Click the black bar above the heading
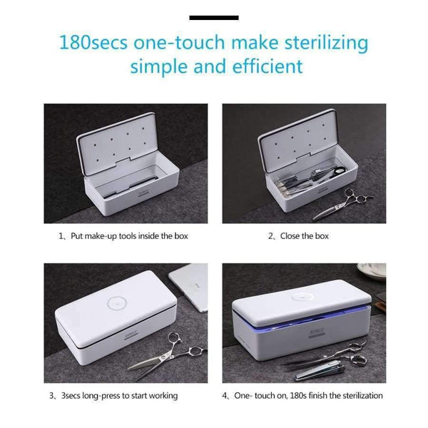pyautogui.click(x=214, y=16)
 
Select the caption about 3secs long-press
pyautogui.click(x=118, y=395)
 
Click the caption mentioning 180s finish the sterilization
pyautogui.click(x=307, y=395)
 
